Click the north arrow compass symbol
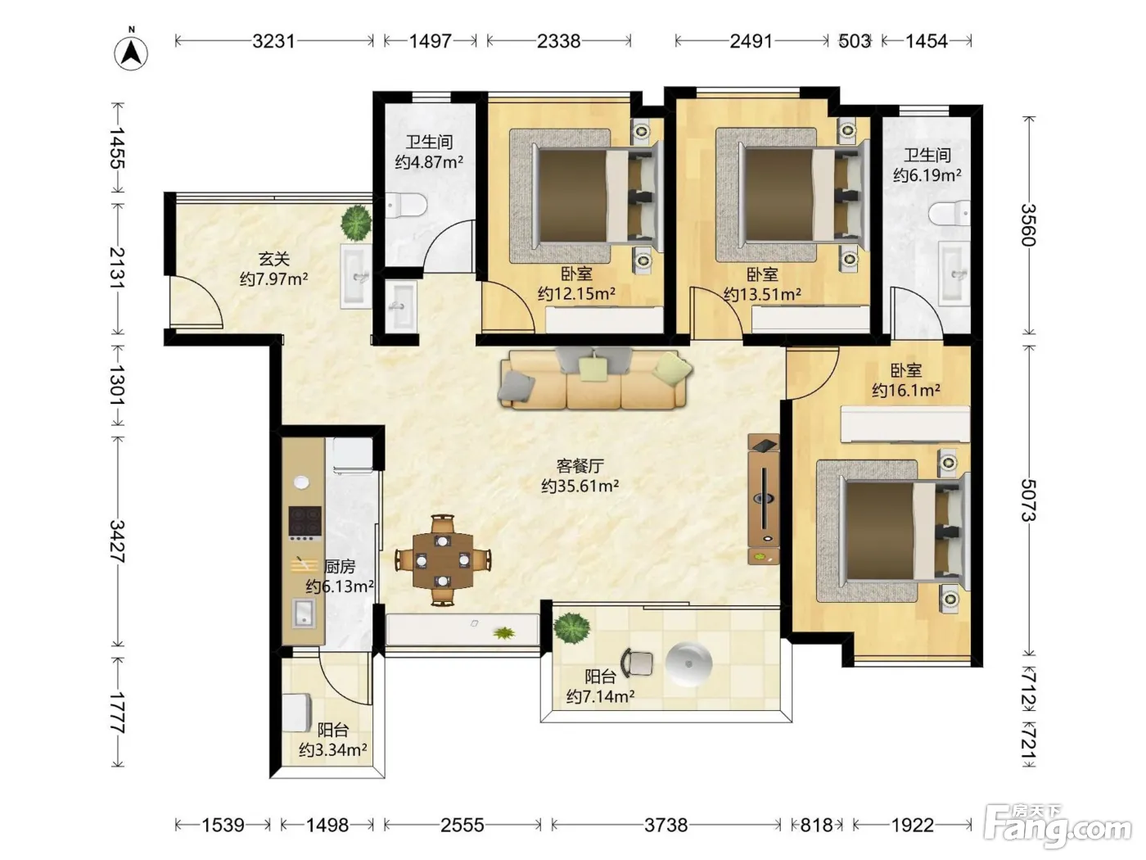[131, 52]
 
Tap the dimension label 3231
[273, 41]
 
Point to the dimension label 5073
[1028, 500]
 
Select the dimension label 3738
[665, 825]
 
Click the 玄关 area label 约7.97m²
[273, 278]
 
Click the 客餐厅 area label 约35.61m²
[580, 486]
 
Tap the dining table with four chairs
[443, 560]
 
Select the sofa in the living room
[593, 378]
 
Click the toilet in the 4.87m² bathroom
[406, 206]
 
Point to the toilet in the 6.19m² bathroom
[950, 213]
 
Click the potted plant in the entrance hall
[356, 223]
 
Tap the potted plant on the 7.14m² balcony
[571, 628]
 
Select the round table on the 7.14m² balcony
[689, 664]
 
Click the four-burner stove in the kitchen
[305, 523]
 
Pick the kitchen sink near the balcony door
[304, 613]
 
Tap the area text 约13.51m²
[762, 295]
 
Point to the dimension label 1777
[118, 713]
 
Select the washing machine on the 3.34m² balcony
[297, 713]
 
